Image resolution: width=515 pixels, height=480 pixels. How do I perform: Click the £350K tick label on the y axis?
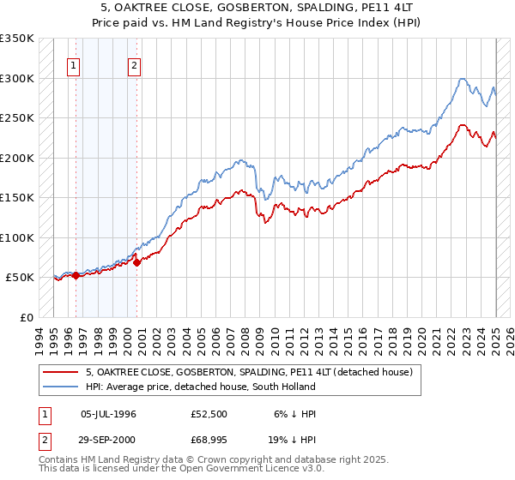point(16,39)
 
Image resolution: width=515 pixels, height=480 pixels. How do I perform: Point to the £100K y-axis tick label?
point(16,237)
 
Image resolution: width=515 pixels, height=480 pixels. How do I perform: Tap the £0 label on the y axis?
point(26,317)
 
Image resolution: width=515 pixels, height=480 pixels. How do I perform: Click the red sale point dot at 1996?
point(76,275)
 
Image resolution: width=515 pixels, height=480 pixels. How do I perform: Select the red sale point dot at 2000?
point(137,262)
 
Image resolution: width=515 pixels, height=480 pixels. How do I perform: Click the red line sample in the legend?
point(63,372)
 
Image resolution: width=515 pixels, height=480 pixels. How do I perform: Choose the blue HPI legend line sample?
point(63,387)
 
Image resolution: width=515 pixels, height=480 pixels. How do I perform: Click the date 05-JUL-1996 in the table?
point(108,414)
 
